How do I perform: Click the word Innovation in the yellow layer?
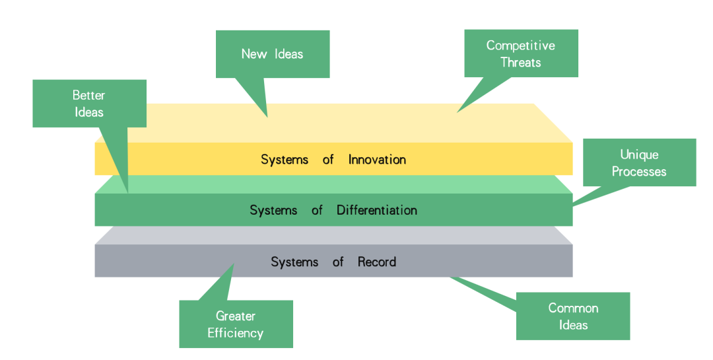(x=377, y=159)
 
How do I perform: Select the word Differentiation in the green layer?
(x=376, y=210)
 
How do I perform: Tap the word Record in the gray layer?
(x=376, y=262)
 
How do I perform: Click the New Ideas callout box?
(x=273, y=54)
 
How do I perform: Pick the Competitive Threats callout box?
(x=521, y=54)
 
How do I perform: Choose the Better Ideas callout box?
(x=90, y=103)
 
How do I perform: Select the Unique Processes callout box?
(x=639, y=162)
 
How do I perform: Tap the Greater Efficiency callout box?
(x=236, y=324)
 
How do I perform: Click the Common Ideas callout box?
(x=573, y=316)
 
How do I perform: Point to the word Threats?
(x=521, y=62)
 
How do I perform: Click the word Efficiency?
(x=236, y=333)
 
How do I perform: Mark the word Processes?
(x=639, y=172)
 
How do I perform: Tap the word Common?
(x=573, y=308)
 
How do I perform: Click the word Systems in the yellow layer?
(x=285, y=160)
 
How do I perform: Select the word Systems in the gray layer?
(x=294, y=262)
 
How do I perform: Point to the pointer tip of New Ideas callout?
(x=267, y=118)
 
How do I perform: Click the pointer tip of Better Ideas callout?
(x=128, y=192)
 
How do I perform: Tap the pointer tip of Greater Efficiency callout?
(x=234, y=264)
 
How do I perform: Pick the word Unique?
(x=639, y=155)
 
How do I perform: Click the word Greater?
(x=236, y=316)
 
